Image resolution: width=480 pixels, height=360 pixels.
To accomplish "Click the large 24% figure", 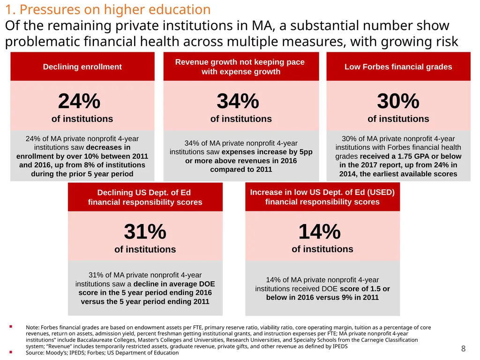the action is pyautogui.click(x=79, y=101).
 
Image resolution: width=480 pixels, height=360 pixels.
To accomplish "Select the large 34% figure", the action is pyautogui.click(x=238, y=101).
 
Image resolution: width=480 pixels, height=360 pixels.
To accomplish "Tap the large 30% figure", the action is pyautogui.click(x=398, y=101).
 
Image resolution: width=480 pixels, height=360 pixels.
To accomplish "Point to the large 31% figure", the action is pyautogui.click(x=145, y=232).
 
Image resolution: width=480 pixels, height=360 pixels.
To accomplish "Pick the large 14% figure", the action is pyautogui.click(x=319, y=232).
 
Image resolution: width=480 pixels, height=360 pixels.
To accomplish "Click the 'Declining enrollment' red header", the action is pyautogui.click(x=82, y=67).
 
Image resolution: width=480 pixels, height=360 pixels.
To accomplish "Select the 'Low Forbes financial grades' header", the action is pyautogui.click(x=398, y=67).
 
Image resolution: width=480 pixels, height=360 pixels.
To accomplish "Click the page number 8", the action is pyautogui.click(x=463, y=348).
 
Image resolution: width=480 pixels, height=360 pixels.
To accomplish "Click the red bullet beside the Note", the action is pyautogui.click(x=11, y=327).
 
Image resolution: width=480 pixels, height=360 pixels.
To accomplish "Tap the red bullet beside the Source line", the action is pyautogui.click(x=11, y=352).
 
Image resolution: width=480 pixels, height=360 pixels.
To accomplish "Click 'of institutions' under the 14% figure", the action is pyautogui.click(x=322, y=249).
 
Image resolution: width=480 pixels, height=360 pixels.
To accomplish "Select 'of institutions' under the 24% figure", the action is pyautogui.click(x=82, y=119).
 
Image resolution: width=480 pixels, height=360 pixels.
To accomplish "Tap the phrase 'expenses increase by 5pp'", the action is pyautogui.click(x=267, y=152).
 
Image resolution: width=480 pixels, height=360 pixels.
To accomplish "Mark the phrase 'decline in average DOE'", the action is pyautogui.click(x=174, y=284).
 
